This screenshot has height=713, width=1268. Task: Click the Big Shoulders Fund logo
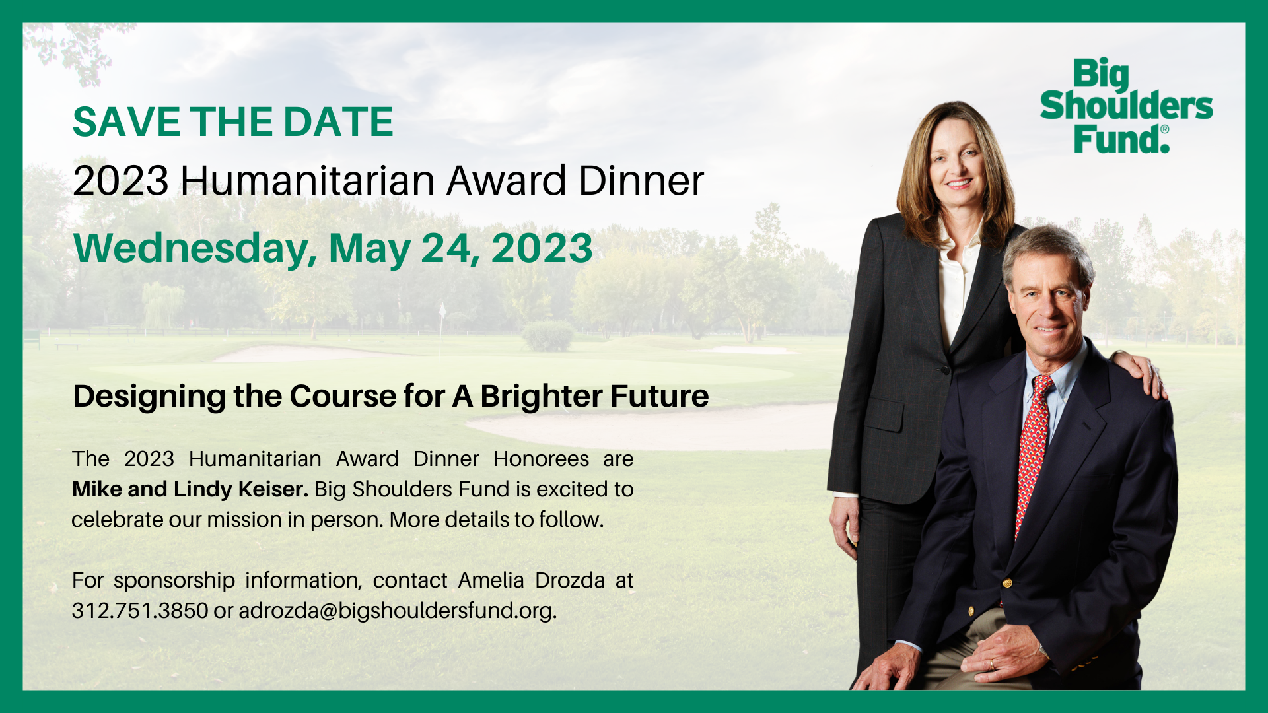(1125, 106)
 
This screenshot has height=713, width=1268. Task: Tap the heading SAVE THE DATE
(232, 122)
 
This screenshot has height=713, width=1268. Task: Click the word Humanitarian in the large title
(307, 181)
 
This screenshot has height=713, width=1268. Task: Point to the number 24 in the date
(450, 249)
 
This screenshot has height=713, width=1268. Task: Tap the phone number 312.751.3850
(140, 611)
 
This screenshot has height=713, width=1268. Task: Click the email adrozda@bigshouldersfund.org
(397, 611)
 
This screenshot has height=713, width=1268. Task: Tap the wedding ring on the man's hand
(991, 663)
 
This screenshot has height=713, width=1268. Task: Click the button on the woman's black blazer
(944, 370)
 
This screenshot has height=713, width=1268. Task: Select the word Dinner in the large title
(641, 181)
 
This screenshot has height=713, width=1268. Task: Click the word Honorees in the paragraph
(541, 459)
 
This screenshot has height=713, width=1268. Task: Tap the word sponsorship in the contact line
(174, 580)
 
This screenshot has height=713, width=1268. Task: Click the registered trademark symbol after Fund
(1164, 129)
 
